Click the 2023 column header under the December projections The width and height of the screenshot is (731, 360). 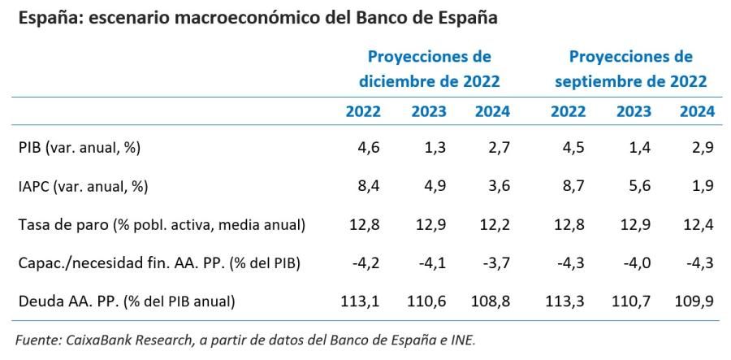click(x=429, y=111)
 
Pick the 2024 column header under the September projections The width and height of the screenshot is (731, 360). click(x=697, y=111)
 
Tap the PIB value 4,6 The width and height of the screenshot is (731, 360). click(x=369, y=147)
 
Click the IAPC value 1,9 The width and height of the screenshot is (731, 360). click(x=703, y=186)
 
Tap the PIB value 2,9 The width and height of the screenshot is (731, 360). click(x=703, y=147)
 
